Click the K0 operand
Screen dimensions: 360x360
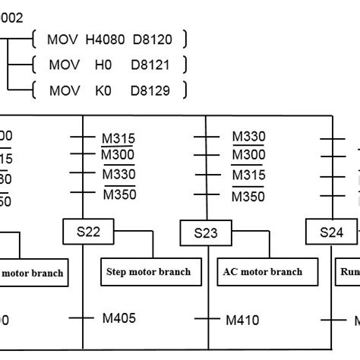click(102, 91)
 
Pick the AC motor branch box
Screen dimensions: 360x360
click(263, 271)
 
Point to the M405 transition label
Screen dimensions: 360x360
click(120, 318)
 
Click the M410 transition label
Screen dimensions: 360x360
click(243, 320)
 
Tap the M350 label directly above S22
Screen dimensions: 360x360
click(119, 195)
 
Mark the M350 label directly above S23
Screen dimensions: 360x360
click(248, 196)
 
